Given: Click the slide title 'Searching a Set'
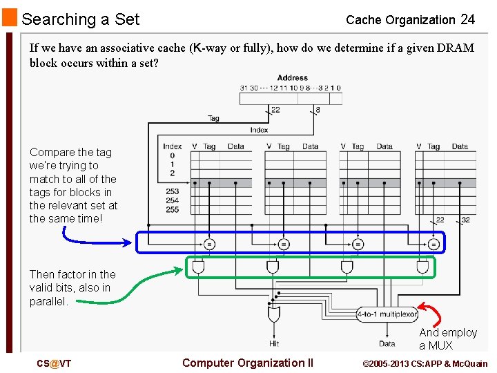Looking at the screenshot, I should coord(81,19).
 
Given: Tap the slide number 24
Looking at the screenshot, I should coord(467,19).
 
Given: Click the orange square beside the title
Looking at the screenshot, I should coord(9,17).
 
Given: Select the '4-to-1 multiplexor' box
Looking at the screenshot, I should coord(387,314).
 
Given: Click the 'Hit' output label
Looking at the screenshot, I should coord(274,343).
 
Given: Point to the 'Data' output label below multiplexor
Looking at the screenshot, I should coord(387,343).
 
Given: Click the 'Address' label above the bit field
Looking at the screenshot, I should coord(292,78).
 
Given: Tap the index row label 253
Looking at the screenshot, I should coord(172,191).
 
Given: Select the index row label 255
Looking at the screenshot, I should coord(172,209).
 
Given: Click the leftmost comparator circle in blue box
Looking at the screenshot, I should coord(208,243).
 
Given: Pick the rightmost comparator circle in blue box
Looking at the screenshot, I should coord(433,243).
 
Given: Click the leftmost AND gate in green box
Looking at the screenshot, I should coord(199,267).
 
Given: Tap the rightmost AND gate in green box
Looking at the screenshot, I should coord(422,267).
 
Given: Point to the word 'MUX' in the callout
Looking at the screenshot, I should coord(440,345).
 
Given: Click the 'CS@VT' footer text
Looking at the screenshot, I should coord(54,364).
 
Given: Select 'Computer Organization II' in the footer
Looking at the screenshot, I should coord(248,363).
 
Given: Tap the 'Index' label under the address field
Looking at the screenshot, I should coord(259,130).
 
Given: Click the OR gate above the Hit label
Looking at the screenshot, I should coord(274,315).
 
